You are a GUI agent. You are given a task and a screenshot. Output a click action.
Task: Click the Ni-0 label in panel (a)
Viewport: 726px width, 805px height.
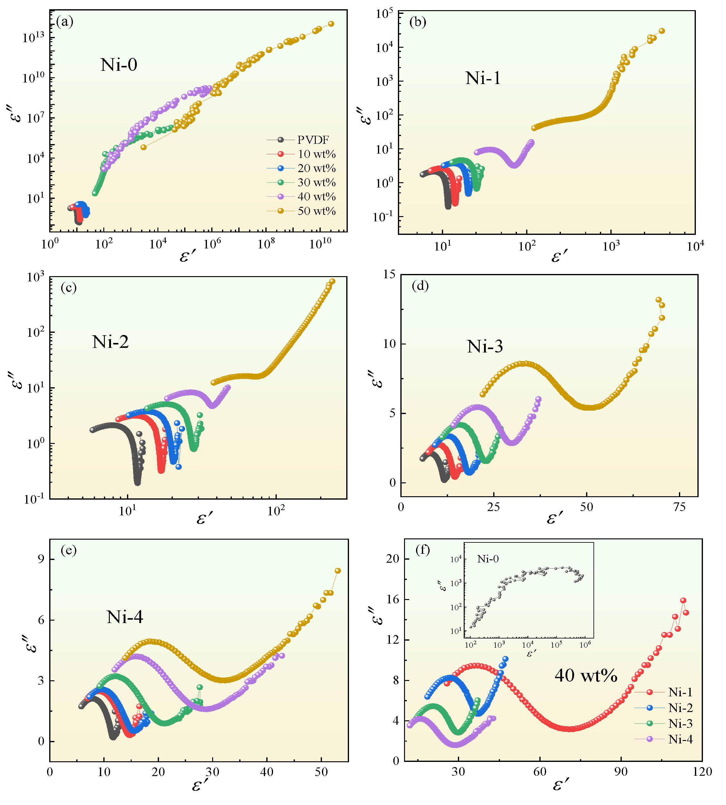pos(119,65)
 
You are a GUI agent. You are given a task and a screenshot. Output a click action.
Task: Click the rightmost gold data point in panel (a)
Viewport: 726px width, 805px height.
pos(331,24)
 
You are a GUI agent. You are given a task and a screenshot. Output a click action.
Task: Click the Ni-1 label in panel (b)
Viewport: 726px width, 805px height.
pos(483,78)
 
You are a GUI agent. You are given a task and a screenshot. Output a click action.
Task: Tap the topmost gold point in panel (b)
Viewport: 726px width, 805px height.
pos(661,31)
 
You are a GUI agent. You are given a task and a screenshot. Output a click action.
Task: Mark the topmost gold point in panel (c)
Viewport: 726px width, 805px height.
pos(332,281)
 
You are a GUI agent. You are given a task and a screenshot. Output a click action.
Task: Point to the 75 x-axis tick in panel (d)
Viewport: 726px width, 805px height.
pos(679,508)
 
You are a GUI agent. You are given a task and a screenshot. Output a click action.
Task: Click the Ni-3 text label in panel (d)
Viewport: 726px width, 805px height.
pos(485,347)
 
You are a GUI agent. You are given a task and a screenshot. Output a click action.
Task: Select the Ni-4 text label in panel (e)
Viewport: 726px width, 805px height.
pos(125,617)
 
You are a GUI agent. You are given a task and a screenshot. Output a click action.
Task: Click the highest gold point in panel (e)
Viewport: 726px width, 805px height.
pos(337,571)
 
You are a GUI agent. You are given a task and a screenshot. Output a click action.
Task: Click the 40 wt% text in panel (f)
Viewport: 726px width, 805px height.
pos(585,676)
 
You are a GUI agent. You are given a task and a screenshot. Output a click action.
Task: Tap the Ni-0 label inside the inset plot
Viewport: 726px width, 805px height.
pos(488,559)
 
